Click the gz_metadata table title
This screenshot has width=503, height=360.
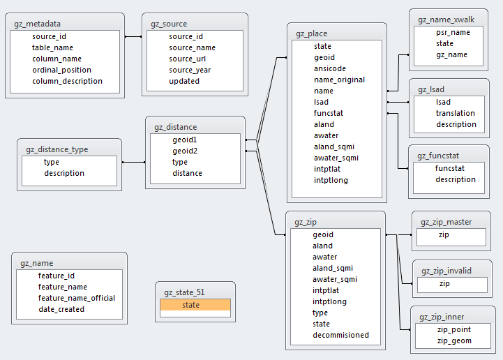pos(37,24)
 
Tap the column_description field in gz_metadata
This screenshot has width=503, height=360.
pos(67,81)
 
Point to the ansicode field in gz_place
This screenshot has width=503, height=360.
pos(329,68)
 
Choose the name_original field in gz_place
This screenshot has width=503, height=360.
pos(339,80)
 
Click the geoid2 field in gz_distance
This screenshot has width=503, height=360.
pos(185,151)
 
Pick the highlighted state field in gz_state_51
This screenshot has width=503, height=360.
pos(190,305)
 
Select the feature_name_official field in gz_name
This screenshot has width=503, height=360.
pos(77,298)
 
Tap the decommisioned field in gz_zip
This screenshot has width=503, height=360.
pos(340,335)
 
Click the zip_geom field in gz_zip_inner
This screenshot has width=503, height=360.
pos(454,340)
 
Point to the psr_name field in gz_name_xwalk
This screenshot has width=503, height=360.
pos(453,32)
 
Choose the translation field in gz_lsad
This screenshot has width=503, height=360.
pos(455,113)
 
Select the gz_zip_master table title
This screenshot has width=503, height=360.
pos(446,222)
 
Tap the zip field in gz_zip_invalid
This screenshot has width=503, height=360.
pos(444,284)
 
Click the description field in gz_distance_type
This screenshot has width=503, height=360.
pos(64,173)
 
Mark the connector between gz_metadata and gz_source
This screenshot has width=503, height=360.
pos(133,36)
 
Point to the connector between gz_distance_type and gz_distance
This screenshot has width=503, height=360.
pos(133,162)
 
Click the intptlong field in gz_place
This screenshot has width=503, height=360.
pos(331,180)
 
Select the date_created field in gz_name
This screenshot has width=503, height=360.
pos(61,309)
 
